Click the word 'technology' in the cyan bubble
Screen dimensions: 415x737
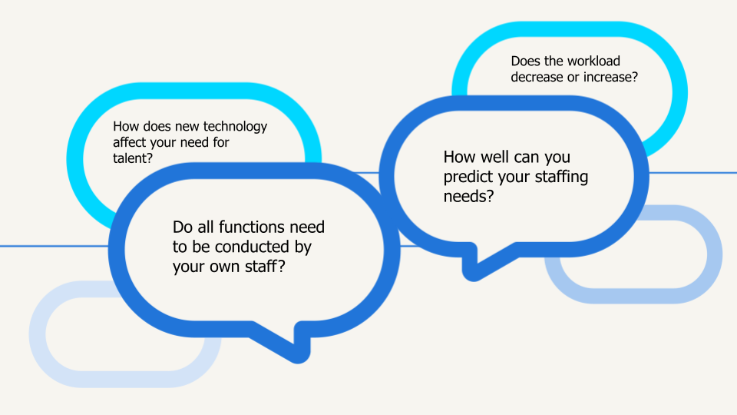point(237,127)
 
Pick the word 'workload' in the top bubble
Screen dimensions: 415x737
point(595,61)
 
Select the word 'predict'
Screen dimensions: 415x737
point(469,178)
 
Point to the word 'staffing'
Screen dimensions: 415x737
point(557,178)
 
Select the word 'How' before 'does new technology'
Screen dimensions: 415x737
point(124,127)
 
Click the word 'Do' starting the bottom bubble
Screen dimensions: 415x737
point(182,227)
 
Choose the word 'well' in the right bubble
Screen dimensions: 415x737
point(495,158)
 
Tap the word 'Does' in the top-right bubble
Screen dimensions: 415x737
point(524,61)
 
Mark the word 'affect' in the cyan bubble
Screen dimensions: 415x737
point(130,142)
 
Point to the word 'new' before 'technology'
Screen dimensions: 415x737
point(191,127)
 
